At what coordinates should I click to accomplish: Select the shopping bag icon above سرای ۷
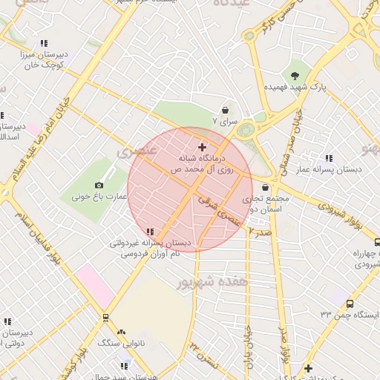point(224,110)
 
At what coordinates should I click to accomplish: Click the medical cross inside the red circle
point(202,148)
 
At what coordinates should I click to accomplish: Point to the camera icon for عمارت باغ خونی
point(99,186)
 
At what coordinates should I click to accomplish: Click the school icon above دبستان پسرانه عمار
point(329,158)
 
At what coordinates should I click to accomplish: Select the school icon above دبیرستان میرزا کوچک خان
point(43,43)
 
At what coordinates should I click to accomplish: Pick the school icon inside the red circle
point(151,232)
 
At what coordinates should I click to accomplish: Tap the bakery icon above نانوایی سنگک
point(121,332)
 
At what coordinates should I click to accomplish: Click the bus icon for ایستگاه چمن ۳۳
point(350,302)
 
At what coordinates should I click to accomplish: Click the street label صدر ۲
point(260,232)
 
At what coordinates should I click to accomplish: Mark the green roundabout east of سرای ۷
point(244,131)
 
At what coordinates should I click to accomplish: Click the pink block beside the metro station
point(92,283)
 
